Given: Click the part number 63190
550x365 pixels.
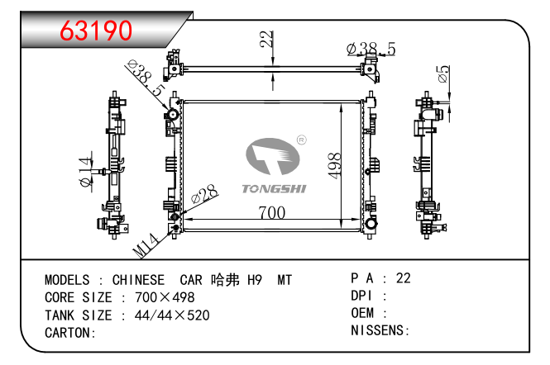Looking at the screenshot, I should click(x=97, y=30).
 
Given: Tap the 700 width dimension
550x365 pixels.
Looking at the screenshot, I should click(x=270, y=213).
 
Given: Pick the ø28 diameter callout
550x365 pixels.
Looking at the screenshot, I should click(x=203, y=197).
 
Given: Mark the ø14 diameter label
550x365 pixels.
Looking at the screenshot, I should click(x=84, y=172).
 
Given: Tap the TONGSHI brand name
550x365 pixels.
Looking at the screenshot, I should click(x=274, y=189).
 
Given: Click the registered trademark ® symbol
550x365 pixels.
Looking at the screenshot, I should click(x=301, y=140).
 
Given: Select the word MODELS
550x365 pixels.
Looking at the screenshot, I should click(x=67, y=280).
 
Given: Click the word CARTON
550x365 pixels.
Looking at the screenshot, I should click(x=68, y=333).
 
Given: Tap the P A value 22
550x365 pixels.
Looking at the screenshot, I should click(x=404, y=278).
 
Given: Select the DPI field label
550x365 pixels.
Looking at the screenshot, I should click(x=362, y=296).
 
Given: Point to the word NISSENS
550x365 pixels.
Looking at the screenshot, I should click(x=379, y=330).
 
